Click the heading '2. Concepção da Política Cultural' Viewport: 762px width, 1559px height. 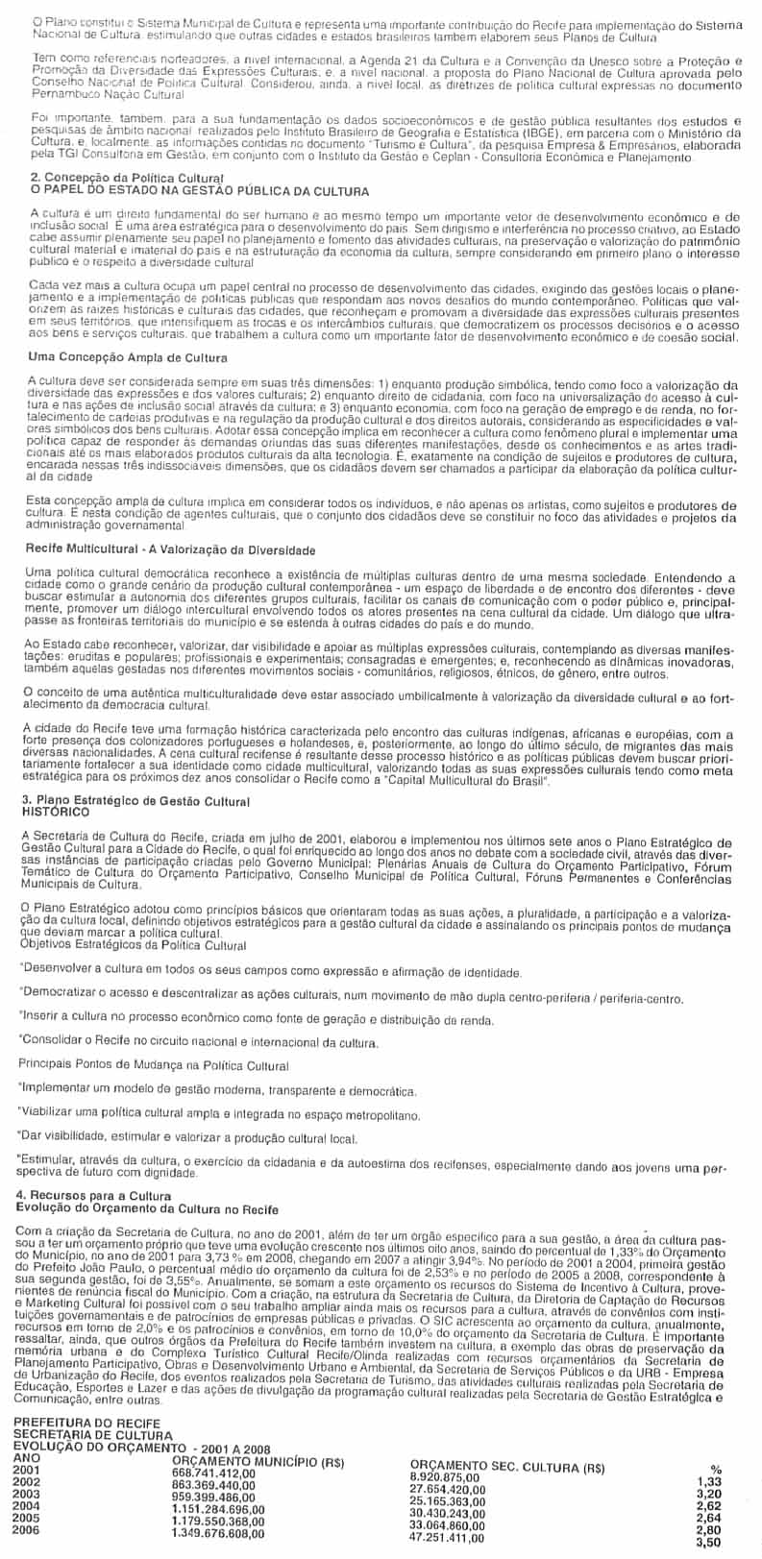pos(127,178)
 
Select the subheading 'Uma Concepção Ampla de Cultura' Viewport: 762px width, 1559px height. pos(124,357)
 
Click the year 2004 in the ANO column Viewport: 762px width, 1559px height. pos(29,1506)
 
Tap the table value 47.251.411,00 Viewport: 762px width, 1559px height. pos(448,1537)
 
